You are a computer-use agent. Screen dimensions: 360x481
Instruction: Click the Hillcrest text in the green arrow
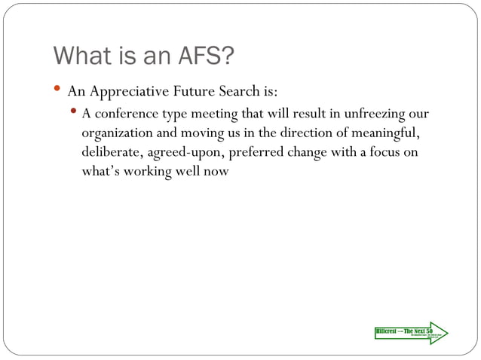coord(387,331)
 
